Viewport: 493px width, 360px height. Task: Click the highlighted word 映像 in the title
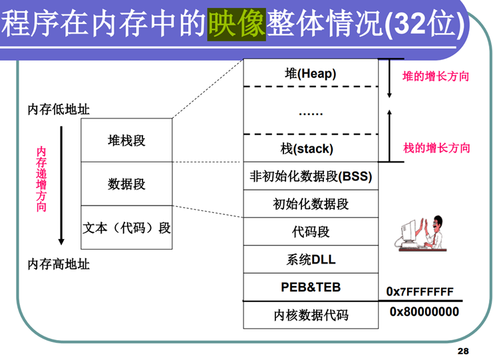pyautogui.click(x=236, y=25)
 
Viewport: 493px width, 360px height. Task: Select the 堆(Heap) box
pyautogui.click(x=310, y=73)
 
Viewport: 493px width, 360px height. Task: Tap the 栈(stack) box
pyautogui.click(x=310, y=148)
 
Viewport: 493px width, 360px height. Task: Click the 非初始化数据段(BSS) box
pyautogui.click(x=310, y=176)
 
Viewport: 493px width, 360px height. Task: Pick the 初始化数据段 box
pyautogui.click(x=310, y=204)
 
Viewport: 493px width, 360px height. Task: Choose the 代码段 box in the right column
pyautogui.click(x=310, y=232)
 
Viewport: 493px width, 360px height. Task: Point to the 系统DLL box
pyautogui.click(x=310, y=260)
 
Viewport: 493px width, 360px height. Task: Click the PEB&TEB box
pyautogui.click(x=310, y=287)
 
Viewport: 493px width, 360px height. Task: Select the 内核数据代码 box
pyautogui.click(x=310, y=315)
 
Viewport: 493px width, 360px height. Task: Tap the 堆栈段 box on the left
pyautogui.click(x=126, y=140)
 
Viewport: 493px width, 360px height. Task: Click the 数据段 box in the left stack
pyautogui.click(x=126, y=184)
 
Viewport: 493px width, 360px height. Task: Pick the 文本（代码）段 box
pyautogui.click(x=126, y=228)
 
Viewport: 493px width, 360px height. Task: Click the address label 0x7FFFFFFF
pyautogui.click(x=420, y=292)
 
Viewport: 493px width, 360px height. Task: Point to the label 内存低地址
pyautogui.click(x=59, y=109)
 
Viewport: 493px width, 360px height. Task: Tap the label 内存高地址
pyautogui.click(x=59, y=264)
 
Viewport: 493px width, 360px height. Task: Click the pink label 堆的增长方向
pyautogui.click(x=436, y=77)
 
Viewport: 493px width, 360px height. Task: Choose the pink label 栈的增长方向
pyautogui.click(x=436, y=148)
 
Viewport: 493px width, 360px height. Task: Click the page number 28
pyautogui.click(x=463, y=350)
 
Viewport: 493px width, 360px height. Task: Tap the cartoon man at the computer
pyautogui.click(x=423, y=233)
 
